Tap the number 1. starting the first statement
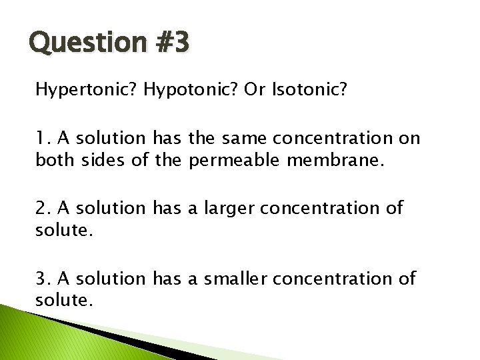click(x=44, y=138)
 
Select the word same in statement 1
click(x=235, y=138)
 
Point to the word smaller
click(x=230, y=278)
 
